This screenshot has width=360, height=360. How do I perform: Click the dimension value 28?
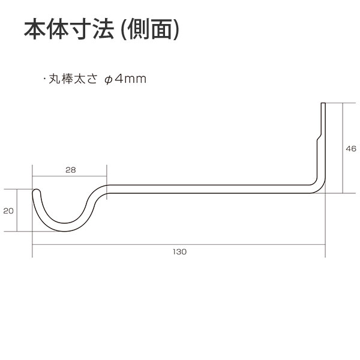(x=70, y=170)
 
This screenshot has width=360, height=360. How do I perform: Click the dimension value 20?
(x=8, y=211)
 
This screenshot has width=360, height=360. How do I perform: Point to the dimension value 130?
(x=179, y=251)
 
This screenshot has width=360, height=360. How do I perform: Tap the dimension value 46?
(x=351, y=148)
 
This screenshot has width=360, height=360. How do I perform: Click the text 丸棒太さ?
(x=73, y=79)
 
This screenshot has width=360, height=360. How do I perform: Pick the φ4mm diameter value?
(x=126, y=79)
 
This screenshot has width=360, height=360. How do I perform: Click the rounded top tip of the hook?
(x=36, y=191)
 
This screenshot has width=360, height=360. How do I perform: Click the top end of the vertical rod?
(x=323, y=105)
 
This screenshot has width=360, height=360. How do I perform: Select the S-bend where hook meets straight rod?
(x=97, y=198)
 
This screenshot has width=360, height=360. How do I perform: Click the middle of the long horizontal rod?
(x=210, y=188)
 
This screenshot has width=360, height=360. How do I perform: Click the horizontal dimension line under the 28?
(x=70, y=177)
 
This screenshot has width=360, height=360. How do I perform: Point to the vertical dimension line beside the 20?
(x=18, y=211)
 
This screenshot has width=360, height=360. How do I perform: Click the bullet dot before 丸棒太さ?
(x=45, y=79)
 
